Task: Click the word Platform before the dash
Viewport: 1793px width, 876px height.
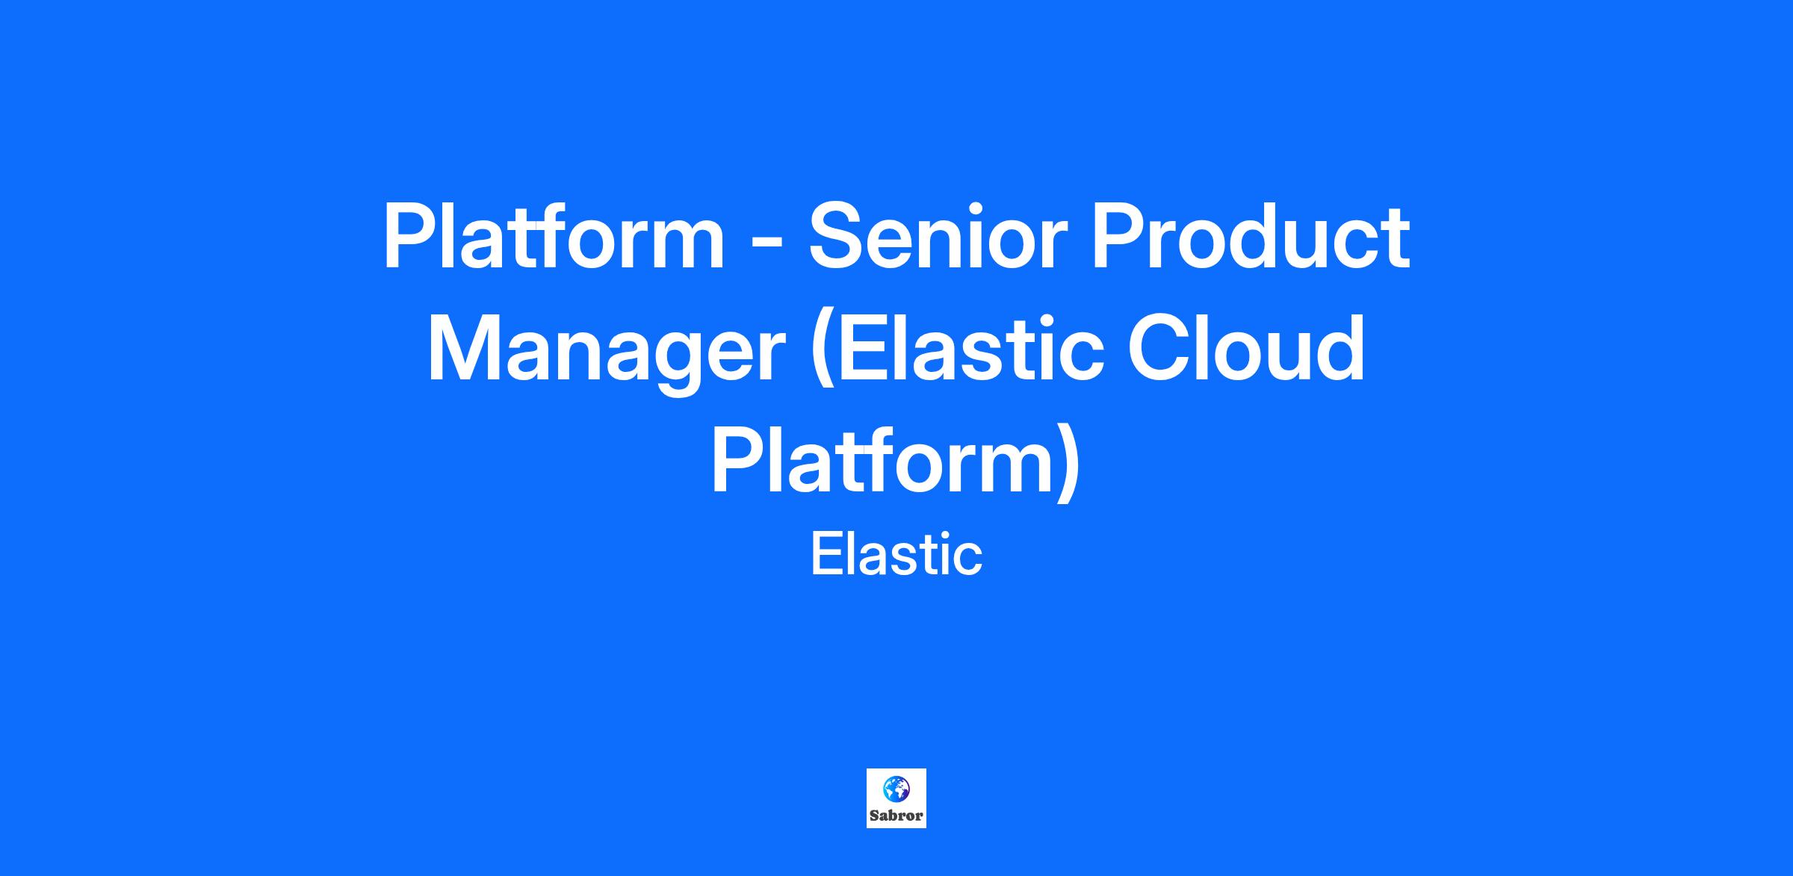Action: [x=554, y=237]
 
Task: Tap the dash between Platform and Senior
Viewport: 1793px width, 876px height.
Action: [x=767, y=243]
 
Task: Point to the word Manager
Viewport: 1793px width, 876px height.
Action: [x=607, y=351]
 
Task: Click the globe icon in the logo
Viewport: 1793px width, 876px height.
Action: [x=896, y=789]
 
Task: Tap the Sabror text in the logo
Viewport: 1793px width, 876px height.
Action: [x=896, y=816]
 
